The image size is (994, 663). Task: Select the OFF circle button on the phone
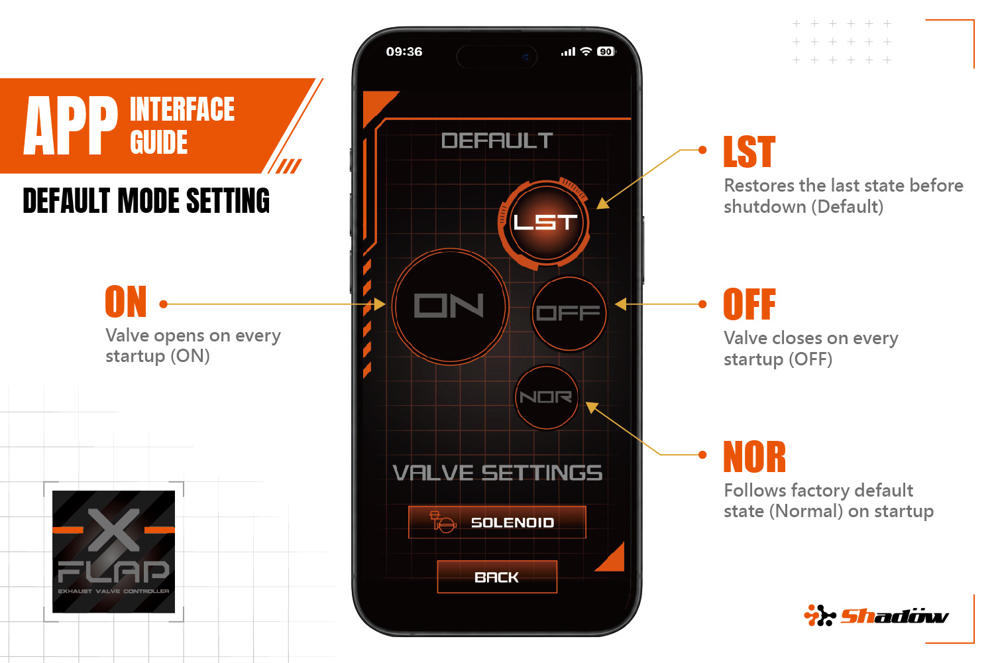(569, 314)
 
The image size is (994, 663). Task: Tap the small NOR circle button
(546, 397)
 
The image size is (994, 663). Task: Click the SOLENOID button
(497, 522)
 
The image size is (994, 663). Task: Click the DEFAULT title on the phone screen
(497, 141)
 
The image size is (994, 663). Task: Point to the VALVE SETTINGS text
(498, 473)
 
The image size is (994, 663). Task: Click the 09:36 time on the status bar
(404, 52)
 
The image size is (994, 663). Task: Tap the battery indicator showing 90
(606, 52)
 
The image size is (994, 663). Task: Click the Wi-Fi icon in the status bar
(586, 52)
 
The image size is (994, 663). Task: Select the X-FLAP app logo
(113, 552)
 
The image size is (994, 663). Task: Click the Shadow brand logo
(877, 615)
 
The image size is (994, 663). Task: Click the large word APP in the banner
(71, 126)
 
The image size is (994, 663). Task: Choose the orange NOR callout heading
(754, 457)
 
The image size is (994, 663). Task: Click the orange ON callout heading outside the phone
(126, 302)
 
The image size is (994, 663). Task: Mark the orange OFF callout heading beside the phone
(749, 304)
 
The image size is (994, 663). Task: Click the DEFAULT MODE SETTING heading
(146, 201)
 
